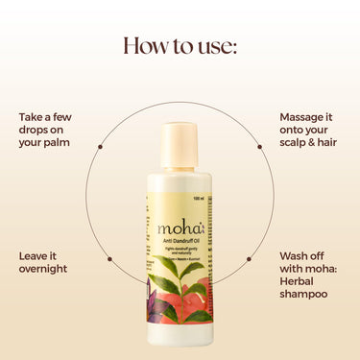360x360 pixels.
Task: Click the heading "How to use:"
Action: (180, 46)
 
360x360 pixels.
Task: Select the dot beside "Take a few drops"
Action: (99, 147)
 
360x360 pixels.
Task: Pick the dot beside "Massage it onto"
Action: (259, 147)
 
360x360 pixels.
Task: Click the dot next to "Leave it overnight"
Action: (99, 257)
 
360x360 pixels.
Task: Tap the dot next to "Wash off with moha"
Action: (259, 257)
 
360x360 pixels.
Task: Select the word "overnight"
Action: (43, 269)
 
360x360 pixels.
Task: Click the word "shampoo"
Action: (302, 294)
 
